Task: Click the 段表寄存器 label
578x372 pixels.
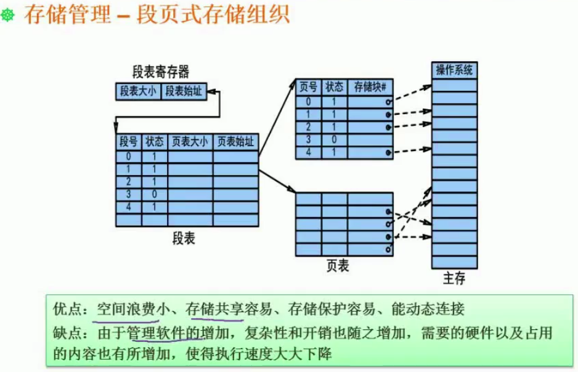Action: pos(160,71)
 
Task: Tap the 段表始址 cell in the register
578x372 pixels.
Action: pos(184,91)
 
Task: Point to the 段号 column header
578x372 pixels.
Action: pos(128,141)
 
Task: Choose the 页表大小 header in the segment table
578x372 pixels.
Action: pos(190,141)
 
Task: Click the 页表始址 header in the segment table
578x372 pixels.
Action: pos(235,141)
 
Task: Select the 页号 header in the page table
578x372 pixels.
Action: pos(308,87)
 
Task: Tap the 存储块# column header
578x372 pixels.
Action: pos(370,87)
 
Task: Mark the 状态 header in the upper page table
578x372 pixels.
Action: pos(335,87)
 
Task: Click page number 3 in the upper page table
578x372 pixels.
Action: pos(308,139)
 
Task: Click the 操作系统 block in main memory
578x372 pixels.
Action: pos(455,70)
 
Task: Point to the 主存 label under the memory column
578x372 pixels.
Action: pos(454,279)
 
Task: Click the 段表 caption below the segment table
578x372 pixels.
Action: pos(183,239)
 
